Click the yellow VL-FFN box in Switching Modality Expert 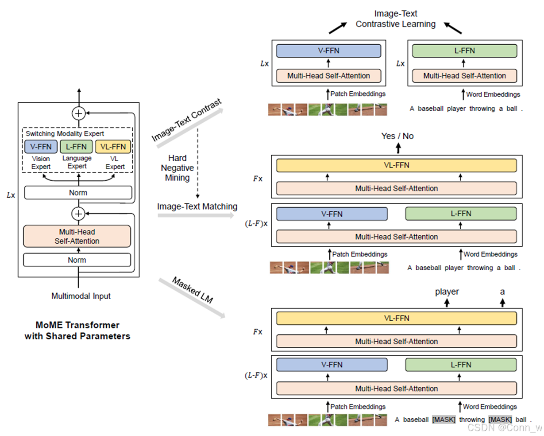point(113,147)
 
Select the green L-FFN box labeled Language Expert point(77,147)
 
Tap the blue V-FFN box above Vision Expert point(41,147)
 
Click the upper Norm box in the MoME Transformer point(78,193)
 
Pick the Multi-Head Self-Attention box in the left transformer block point(77,236)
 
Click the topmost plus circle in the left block point(78,113)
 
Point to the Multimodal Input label point(81,296)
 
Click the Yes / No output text point(397,136)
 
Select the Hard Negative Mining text point(177,168)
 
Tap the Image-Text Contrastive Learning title point(396,19)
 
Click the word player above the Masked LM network point(447,292)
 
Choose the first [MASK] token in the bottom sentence point(444,420)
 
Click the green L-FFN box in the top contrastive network point(464,51)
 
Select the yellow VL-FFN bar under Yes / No point(396,165)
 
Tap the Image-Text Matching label point(197,206)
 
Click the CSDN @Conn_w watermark point(505,428)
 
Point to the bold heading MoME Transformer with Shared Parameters point(77,331)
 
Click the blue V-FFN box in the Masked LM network point(332,365)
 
